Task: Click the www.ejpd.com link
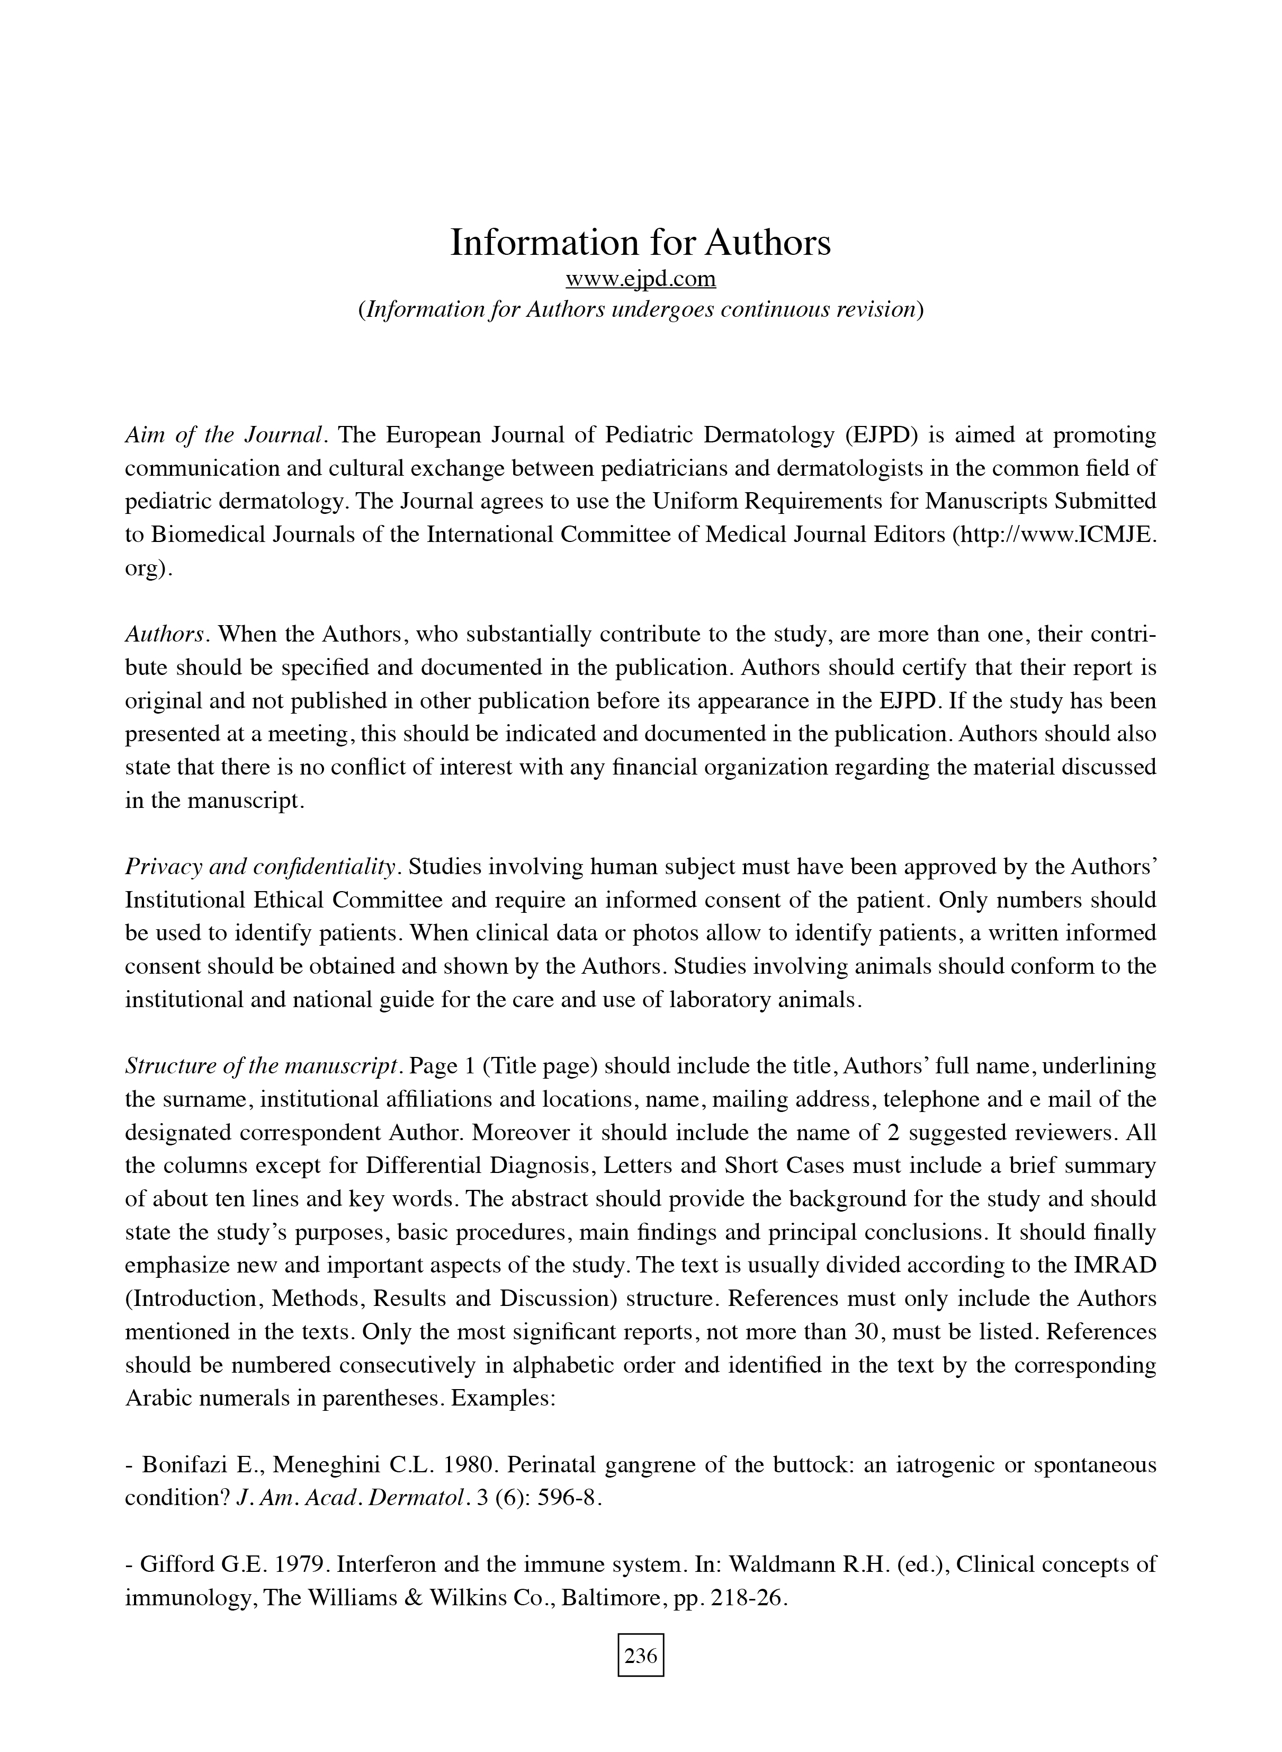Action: tap(640, 279)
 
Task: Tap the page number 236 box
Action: tap(640, 1657)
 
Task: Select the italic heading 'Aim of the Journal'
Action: tap(223, 435)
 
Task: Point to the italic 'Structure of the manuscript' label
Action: tap(262, 1066)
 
